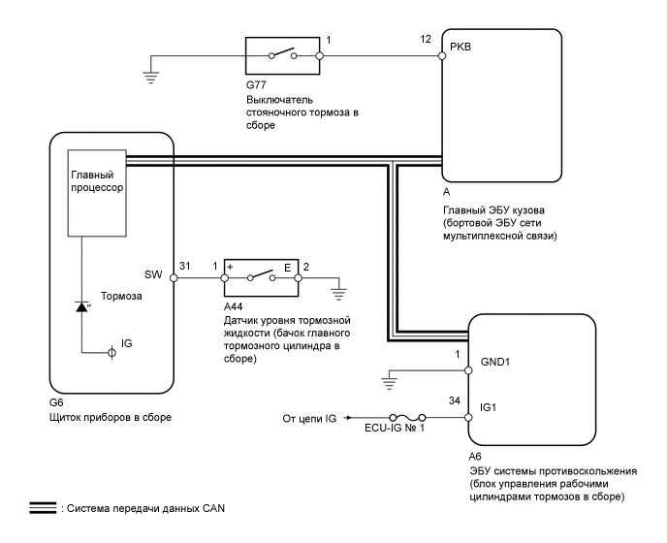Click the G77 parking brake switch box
(x=282, y=55)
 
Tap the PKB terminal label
(x=461, y=47)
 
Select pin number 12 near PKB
(x=426, y=39)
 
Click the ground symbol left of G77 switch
(x=150, y=78)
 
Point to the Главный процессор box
(x=97, y=193)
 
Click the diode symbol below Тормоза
(x=81, y=306)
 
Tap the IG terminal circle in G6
(x=111, y=352)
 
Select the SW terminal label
(x=153, y=274)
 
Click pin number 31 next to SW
(x=184, y=266)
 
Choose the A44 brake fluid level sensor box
(x=261, y=277)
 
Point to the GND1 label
(x=495, y=362)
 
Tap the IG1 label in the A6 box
(x=489, y=407)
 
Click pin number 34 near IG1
(x=455, y=400)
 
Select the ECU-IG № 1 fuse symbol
(x=406, y=418)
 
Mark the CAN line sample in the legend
(x=43, y=508)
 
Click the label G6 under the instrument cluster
(x=56, y=402)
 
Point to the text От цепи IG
(x=309, y=419)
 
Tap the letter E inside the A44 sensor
(x=288, y=268)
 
